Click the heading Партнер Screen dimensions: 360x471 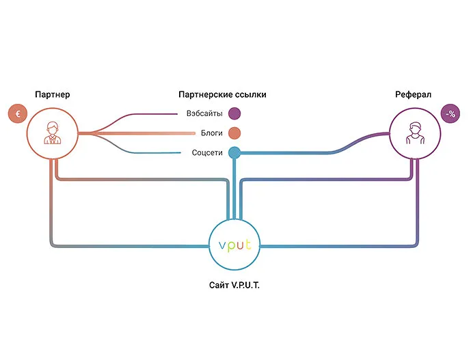click(x=52, y=94)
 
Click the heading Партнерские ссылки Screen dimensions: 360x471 click(x=222, y=94)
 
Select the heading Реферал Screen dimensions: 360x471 click(x=413, y=94)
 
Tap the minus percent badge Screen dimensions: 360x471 click(x=450, y=114)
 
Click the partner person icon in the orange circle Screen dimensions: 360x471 click(x=52, y=133)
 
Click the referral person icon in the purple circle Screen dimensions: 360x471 click(x=414, y=133)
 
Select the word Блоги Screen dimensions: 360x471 click(x=208, y=133)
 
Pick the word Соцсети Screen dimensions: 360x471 click(x=206, y=152)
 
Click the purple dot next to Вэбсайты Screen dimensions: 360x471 click(x=234, y=113)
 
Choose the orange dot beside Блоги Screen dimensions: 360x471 click(x=234, y=133)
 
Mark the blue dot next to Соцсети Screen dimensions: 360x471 click(x=234, y=152)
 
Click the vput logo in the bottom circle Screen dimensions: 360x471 click(x=234, y=245)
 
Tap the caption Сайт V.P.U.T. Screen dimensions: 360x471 click(x=234, y=285)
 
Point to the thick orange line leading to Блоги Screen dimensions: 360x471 click(x=137, y=133)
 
